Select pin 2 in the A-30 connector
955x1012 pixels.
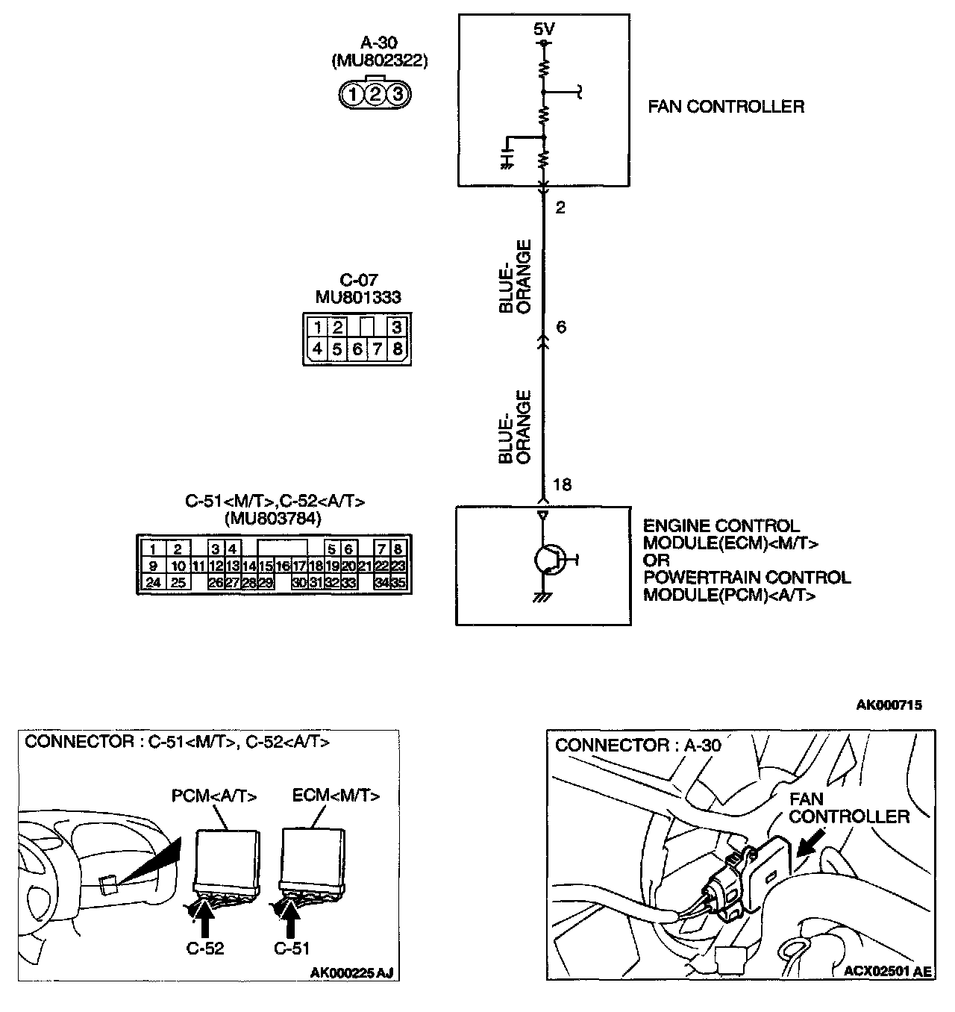pos(375,94)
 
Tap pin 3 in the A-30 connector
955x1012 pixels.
pos(398,94)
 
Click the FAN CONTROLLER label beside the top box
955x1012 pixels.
pos(725,107)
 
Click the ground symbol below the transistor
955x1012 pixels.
pos(543,598)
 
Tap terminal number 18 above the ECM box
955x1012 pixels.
pos(562,485)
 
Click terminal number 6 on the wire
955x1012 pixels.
pos(561,327)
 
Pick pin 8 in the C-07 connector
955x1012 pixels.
pos(398,349)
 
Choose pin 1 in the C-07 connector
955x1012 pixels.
pos(318,328)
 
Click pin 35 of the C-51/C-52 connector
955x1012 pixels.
pos(398,583)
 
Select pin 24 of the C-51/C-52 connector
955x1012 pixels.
pos(153,583)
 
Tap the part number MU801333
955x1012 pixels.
pos(358,297)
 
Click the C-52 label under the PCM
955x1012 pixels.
pos(205,949)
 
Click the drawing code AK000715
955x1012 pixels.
pos(889,705)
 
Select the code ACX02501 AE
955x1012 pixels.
pos(887,972)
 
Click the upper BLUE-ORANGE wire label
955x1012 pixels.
pos(516,276)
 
